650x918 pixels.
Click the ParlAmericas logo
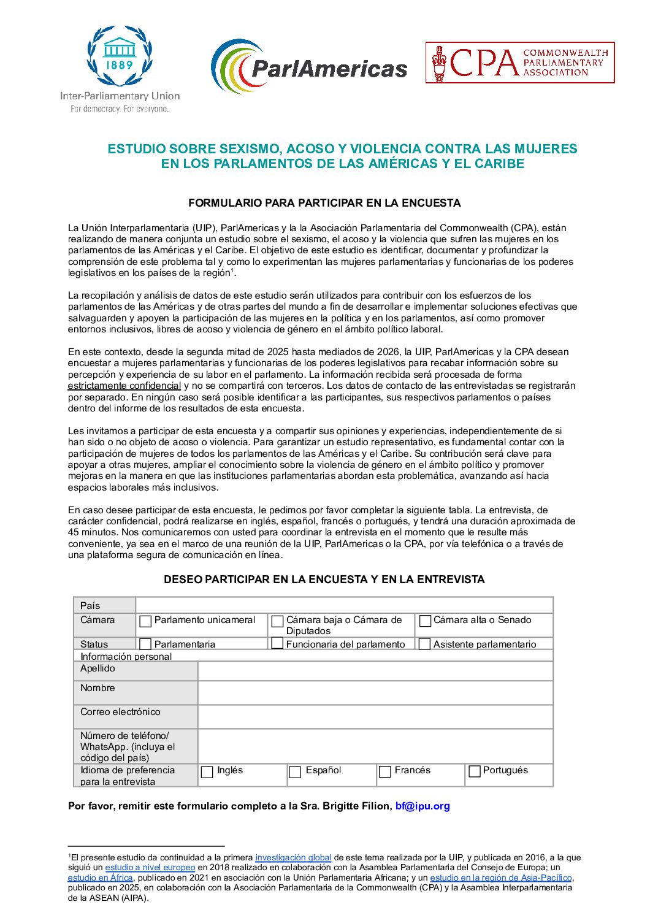tap(309, 67)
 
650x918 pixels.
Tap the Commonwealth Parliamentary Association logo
tap(520, 63)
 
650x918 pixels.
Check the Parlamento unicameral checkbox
tap(145, 621)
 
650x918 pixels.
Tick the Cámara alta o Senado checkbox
tap(425, 621)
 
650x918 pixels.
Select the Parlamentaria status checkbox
tap(145, 644)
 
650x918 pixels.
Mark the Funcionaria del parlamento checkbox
tap(277, 643)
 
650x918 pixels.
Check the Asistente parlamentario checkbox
tap(424, 644)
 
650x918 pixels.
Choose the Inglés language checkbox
tap(207, 771)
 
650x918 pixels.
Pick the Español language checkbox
tap(295, 771)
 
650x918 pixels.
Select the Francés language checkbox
tap(385, 771)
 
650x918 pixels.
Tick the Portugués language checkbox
tap(474, 771)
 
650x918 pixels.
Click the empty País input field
tap(344, 605)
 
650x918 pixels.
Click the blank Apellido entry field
tap(375, 671)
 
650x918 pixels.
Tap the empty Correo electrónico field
tap(375, 716)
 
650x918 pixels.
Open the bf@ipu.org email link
tap(422, 806)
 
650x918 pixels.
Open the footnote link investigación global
tap(293, 857)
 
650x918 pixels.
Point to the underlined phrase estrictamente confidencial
tap(124, 386)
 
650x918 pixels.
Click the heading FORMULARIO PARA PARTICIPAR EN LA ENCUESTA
tap(324, 203)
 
